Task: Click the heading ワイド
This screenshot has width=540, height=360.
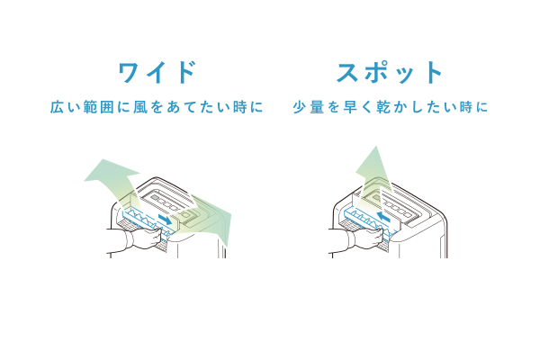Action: click(157, 73)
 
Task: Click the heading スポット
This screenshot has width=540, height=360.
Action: click(390, 73)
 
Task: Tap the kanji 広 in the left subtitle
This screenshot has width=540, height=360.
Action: click(57, 107)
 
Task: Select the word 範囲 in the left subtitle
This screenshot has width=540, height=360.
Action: click(98, 107)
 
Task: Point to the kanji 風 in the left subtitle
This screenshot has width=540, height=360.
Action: click(140, 107)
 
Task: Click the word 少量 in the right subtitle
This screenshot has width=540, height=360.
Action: click(308, 107)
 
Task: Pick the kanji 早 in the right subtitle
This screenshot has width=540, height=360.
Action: click(350, 107)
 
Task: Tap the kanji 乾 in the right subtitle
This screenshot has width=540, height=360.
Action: click(383, 107)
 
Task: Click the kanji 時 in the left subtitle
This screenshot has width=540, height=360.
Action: click(240, 107)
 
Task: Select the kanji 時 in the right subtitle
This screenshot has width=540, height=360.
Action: click(466, 107)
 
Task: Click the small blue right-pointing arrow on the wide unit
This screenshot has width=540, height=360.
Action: click(165, 219)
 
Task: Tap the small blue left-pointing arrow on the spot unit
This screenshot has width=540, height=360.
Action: click(383, 217)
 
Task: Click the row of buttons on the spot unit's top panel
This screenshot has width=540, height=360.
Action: click(399, 206)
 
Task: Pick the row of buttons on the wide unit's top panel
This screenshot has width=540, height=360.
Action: click(166, 202)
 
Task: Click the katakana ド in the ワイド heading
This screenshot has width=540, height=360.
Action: click(186, 73)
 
